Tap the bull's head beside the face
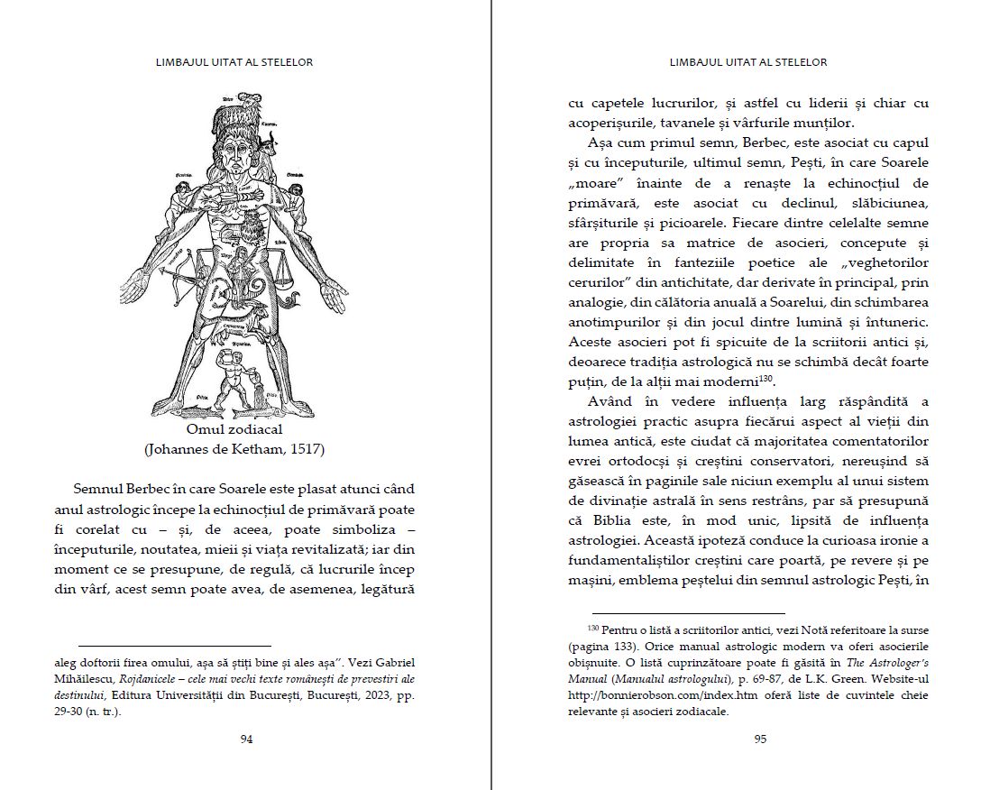267,141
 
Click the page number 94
246,739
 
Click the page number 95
759,739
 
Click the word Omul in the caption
205,430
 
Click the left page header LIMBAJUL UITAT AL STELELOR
235,62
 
